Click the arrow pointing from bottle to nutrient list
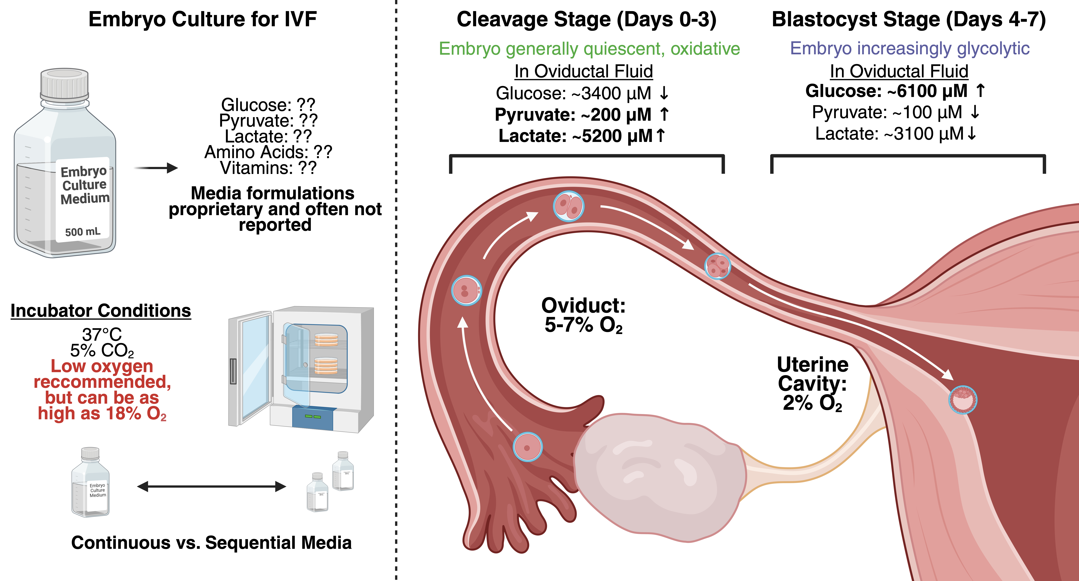(156, 168)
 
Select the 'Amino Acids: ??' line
(268, 152)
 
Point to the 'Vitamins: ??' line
(268, 168)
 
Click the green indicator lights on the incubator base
(313, 416)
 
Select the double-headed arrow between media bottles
(211, 486)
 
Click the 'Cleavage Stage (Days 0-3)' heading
(586, 20)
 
